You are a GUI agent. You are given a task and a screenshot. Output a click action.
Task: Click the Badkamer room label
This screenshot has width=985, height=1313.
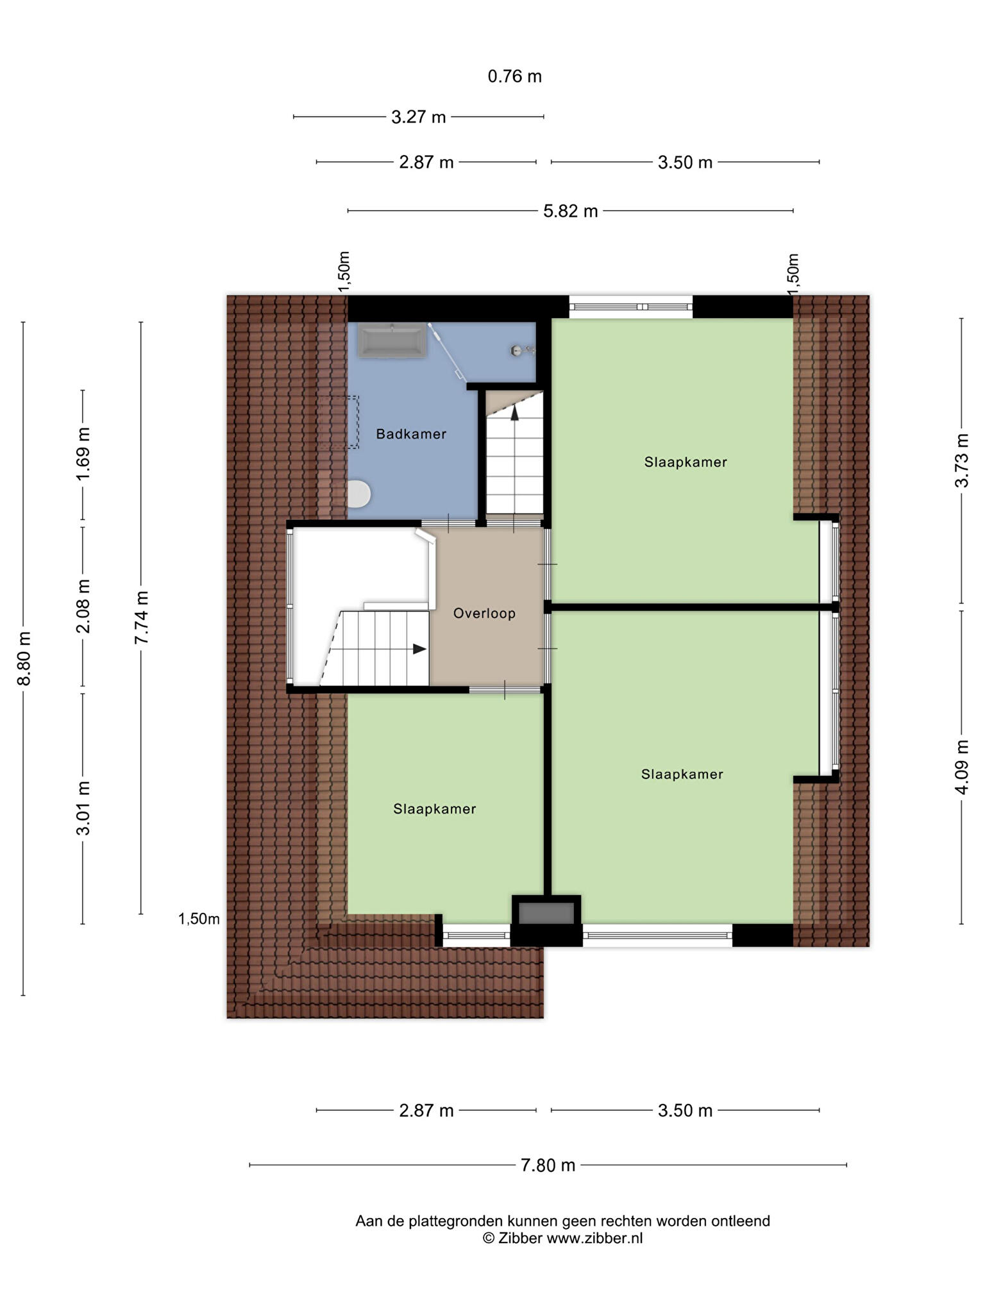[x=411, y=434]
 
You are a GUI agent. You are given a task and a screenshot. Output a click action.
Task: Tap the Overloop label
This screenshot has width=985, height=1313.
[x=484, y=614]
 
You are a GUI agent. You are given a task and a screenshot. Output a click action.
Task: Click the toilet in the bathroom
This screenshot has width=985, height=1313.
[x=358, y=494]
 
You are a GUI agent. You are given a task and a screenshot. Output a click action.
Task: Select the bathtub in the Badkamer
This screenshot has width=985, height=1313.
[x=392, y=340]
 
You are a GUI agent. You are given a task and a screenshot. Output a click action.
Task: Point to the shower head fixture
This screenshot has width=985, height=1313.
[x=522, y=350]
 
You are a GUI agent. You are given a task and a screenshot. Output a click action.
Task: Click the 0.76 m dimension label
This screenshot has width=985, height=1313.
[x=514, y=76]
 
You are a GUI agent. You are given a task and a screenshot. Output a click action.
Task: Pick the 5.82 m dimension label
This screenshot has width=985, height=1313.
[x=570, y=211]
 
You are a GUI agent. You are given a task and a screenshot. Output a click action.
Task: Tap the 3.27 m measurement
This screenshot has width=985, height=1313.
[x=418, y=117]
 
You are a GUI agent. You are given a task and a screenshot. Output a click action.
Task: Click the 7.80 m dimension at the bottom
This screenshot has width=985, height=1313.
[x=548, y=1165]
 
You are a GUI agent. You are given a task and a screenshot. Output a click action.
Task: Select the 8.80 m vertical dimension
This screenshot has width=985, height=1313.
[x=24, y=658]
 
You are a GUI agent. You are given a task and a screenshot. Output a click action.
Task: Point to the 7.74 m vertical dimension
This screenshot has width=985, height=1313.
[x=142, y=617]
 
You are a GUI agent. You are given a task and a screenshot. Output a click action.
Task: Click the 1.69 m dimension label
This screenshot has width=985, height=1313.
[x=83, y=454]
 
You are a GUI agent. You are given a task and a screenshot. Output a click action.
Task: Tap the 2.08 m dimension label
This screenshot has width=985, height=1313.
[x=83, y=606]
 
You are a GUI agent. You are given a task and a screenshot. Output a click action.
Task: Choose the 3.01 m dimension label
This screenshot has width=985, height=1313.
[x=83, y=808]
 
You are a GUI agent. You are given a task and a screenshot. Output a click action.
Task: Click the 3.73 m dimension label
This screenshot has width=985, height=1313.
[x=962, y=460]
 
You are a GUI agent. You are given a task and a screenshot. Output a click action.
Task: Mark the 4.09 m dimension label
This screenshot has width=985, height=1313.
[x=962, y=767]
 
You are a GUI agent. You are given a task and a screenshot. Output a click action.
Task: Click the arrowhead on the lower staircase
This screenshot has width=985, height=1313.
[x=419, y=649]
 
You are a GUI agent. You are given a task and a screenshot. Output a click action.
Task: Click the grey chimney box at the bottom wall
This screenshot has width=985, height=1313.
[x=546, y=913]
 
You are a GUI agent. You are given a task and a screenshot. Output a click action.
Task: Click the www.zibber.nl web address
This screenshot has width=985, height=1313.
[x=594, y=1238]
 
